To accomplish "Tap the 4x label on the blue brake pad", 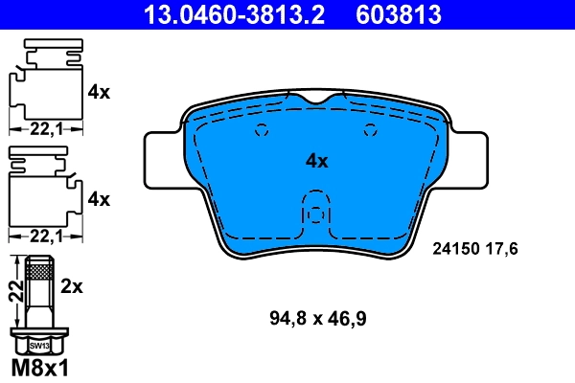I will (x=316, y=162).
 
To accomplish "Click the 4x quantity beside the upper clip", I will (x=99, y=93).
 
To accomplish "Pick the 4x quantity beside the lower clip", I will (x=99, y=199).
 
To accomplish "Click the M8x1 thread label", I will (x=39, y=368).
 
